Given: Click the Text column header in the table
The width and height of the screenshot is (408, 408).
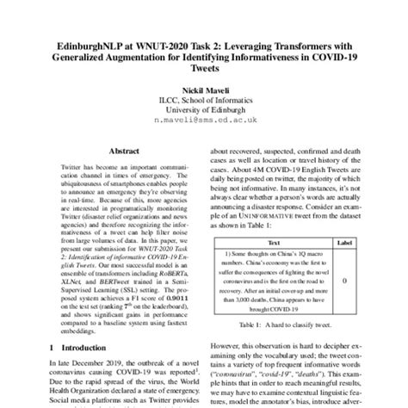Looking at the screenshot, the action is coord(274,243).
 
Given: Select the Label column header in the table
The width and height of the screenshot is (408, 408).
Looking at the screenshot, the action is coord(344,243).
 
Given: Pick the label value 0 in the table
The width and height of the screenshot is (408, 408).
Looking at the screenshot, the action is coord(344,281).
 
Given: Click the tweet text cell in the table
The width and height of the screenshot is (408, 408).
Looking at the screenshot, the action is coord(274,281).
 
